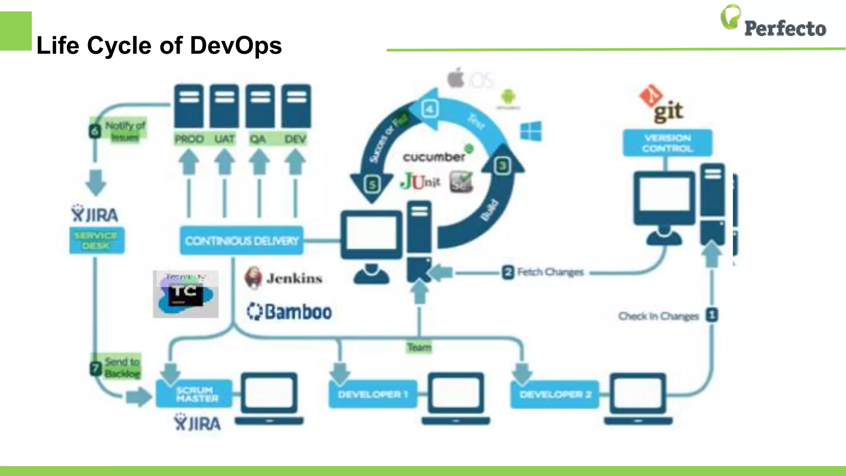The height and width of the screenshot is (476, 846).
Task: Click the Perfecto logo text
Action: pos(784,28)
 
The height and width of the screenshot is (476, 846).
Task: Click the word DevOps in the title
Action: pos(236,45)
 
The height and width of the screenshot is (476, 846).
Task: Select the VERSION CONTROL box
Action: pos(667,143)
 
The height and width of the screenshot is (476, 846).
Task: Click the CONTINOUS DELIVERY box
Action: pos(242,240)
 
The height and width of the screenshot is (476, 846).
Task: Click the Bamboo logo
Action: pos(290,312)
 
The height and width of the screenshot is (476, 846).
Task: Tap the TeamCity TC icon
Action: pos(185,294)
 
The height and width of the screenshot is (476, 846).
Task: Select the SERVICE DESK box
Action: pos(96,240)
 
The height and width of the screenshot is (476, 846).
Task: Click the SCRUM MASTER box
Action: pos(195,394)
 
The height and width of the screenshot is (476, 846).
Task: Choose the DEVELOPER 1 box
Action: pos(373,394)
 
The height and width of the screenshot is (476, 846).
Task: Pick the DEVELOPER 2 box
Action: pos(555,394)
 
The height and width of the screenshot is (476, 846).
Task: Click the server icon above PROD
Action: pos(189,106)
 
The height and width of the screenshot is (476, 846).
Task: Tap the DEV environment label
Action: pos(295,139)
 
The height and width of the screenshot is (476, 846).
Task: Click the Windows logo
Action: pos(531,131)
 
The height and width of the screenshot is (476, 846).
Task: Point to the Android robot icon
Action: pos(508,98)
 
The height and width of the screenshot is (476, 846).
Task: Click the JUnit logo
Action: pos(421,181)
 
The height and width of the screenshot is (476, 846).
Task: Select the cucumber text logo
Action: pos(434,157)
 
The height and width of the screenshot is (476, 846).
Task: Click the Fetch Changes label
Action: pos(550,272)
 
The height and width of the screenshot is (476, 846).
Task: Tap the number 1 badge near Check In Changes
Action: pos(712,315)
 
